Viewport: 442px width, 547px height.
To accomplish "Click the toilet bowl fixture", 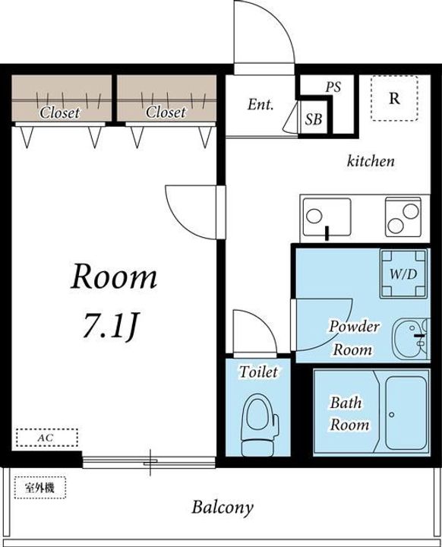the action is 260,425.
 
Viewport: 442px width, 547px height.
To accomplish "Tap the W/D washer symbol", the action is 404,273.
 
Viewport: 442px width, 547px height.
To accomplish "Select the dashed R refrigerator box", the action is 394,98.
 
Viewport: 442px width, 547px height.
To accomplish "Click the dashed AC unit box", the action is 47,438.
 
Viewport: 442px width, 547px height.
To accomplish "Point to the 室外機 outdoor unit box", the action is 40,487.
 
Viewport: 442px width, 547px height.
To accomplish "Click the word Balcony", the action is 223,508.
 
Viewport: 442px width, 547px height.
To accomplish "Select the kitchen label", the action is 371,161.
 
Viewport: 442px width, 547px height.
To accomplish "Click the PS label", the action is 333,87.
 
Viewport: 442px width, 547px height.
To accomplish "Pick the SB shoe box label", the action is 314,119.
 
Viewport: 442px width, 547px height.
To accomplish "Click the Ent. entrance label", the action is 260,104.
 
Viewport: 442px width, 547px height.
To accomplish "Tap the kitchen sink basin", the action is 327,217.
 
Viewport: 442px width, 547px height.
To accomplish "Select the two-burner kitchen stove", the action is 403,217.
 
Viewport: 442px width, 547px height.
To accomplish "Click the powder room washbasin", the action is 410,338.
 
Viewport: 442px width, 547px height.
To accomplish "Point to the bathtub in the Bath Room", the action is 406,413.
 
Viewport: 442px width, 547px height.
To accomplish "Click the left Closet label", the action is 60,112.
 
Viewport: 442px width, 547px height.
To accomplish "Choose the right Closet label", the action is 166,112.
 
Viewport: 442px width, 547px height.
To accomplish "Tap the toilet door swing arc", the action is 262,322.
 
